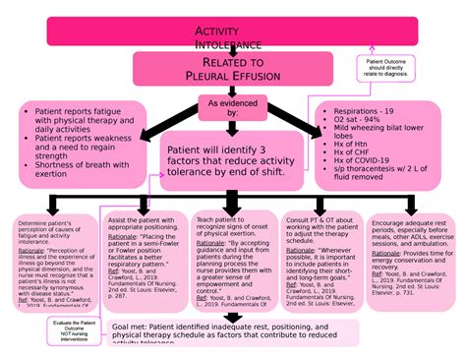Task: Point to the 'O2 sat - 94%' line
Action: coord(359,122)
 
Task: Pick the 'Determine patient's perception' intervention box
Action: coord(50,250)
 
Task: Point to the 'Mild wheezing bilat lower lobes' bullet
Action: coord(379,135)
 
